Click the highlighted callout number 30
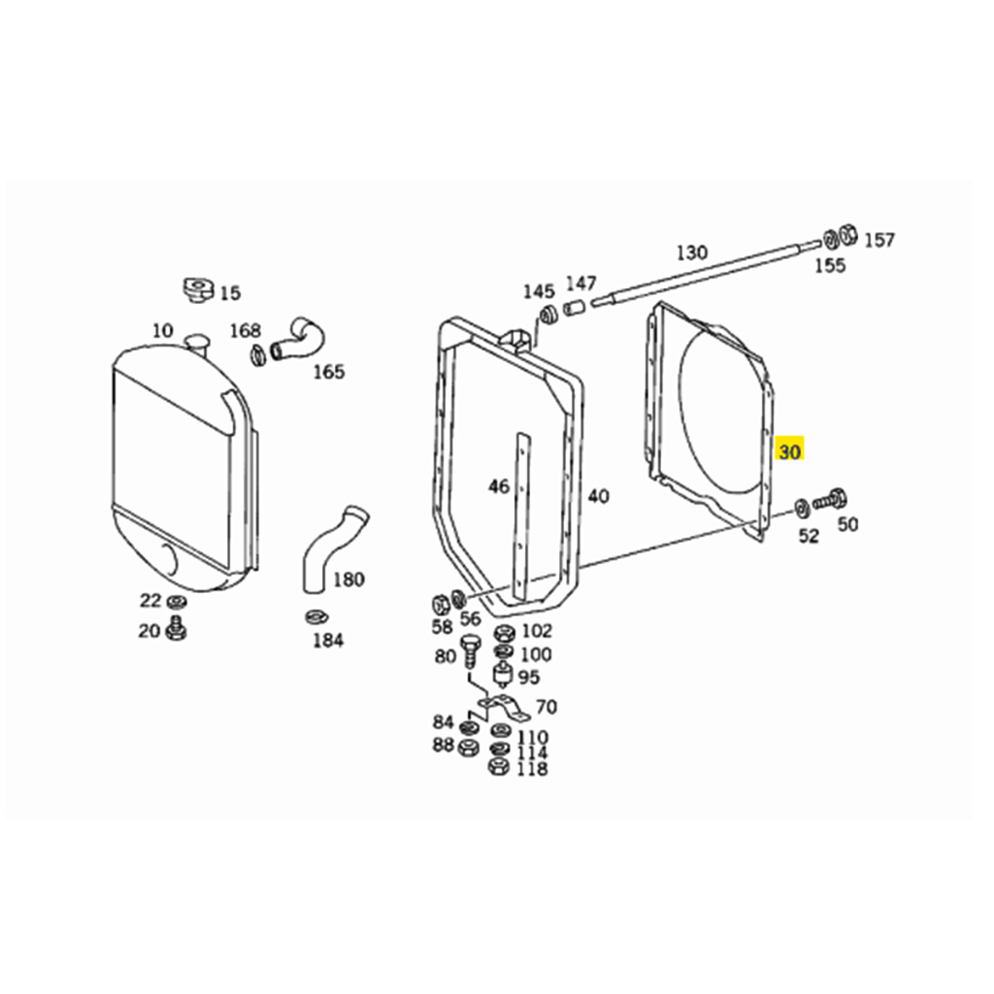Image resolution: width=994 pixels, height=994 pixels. [790, 451]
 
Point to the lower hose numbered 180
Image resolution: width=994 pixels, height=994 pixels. [333, 547]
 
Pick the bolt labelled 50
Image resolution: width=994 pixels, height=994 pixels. [829, 500]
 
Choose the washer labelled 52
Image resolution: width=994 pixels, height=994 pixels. [802, 508]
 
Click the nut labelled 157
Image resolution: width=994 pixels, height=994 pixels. [847, 235]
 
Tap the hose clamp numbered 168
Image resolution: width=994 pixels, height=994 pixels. [257, 354]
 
